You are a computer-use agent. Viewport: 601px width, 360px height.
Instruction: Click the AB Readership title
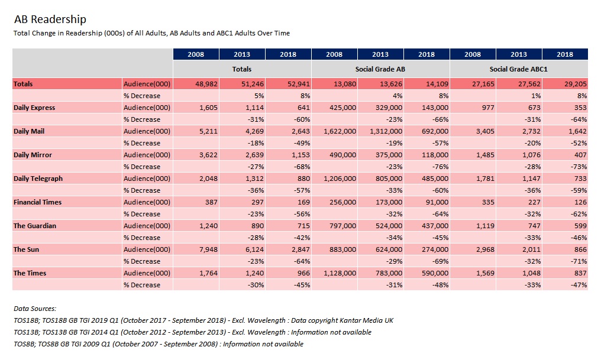tap(50, 19)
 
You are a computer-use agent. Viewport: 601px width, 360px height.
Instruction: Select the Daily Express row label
tap(34, 108)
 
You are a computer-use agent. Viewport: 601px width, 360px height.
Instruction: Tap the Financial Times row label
tap(38, 202)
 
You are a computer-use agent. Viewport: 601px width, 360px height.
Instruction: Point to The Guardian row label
tap(35, 226)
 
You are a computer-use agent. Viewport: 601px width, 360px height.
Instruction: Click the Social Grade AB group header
tap(380, 69)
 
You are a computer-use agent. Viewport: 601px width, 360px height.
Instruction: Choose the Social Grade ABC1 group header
tap(519, 69)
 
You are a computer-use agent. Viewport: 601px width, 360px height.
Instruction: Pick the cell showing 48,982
tap(206, 84)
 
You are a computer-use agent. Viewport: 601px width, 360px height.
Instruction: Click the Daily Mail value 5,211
tap(208, 131)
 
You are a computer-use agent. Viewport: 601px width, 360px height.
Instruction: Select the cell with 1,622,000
tap(340, 131)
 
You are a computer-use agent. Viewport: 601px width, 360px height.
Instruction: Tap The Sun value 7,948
tap(208, 249)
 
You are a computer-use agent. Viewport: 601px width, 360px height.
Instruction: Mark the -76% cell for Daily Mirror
tap(441, 167)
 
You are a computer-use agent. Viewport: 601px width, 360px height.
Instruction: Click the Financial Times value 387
tap(211, 202)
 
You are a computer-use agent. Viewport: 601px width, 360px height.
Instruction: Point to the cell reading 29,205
tap(576, 84)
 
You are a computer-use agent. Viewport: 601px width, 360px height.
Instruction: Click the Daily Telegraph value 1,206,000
tap(340, 179)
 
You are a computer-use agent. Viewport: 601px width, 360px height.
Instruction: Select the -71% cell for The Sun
tap(579, 261)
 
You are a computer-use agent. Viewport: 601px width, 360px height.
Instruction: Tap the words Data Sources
tap(35, 309)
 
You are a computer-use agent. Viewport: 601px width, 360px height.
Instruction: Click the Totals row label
tap(23, 84)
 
